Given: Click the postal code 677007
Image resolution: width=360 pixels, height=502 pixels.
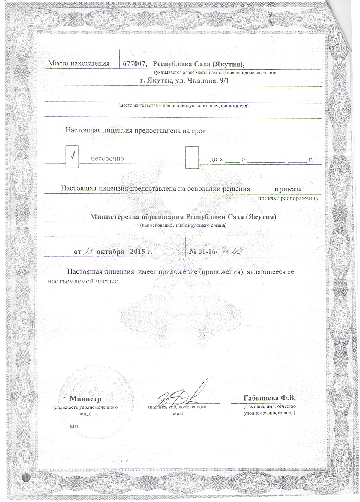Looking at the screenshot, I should (x=134, y=64).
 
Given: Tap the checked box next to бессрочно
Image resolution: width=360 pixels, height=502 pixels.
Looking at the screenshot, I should (x=72, y=157).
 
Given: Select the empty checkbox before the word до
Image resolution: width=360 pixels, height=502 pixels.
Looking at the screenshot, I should (x=192, y=157).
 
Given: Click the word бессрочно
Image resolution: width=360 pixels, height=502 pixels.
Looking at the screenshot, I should (x=107, y=159).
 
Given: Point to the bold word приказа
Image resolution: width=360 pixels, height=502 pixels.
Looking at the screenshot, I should (x=288, y=189).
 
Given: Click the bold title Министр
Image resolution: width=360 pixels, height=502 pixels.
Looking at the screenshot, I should (x=85, y=399).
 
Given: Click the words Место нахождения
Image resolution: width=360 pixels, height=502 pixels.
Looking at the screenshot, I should (x=79, y=64).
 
